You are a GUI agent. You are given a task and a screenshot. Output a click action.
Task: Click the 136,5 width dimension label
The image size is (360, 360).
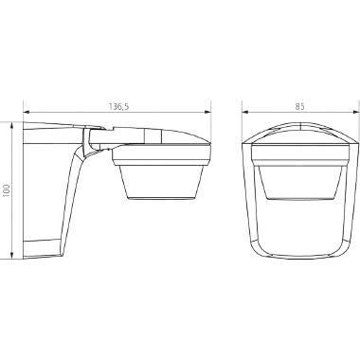(119, 107)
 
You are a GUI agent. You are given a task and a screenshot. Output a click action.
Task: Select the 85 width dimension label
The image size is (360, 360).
(300, 107)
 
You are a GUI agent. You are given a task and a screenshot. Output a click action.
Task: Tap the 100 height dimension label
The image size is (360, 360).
(7, 190)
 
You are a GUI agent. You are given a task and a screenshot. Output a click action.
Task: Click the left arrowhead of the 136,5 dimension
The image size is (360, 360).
(27, 112)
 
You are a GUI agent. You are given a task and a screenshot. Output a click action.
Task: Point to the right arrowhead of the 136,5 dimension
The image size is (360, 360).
(207, 112)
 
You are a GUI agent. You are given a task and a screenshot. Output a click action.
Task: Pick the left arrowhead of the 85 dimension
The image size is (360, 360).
(245, 112)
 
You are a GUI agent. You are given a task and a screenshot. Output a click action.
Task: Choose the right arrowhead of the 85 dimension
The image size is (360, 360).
(356, 112)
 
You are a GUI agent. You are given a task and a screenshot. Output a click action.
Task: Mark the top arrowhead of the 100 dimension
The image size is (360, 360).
(11, 125)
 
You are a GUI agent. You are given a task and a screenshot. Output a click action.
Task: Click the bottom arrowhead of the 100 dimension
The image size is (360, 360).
(11, 255)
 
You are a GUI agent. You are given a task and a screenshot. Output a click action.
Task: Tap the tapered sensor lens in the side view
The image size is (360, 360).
(161, 182)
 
